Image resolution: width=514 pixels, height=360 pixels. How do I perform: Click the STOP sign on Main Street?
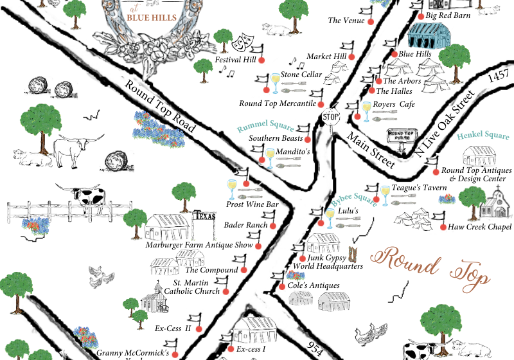coord(330,118)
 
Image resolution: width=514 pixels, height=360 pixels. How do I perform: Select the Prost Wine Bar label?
coord(253,204)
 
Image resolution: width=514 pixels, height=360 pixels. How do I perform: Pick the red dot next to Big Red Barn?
coord(420,16)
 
